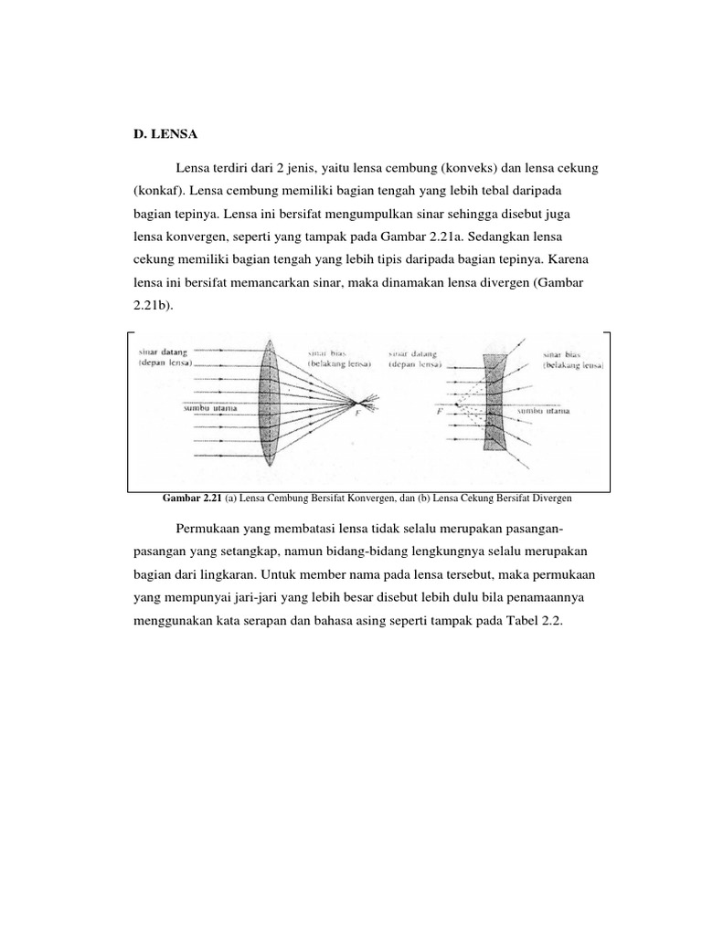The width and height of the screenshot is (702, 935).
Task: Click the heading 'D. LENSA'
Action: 165,133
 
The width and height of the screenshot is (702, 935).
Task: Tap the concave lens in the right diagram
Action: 495,402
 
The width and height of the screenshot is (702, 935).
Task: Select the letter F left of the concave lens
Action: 441,411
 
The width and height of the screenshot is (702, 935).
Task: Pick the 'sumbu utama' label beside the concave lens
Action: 545,411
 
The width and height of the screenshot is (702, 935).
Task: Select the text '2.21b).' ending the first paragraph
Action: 154,306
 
